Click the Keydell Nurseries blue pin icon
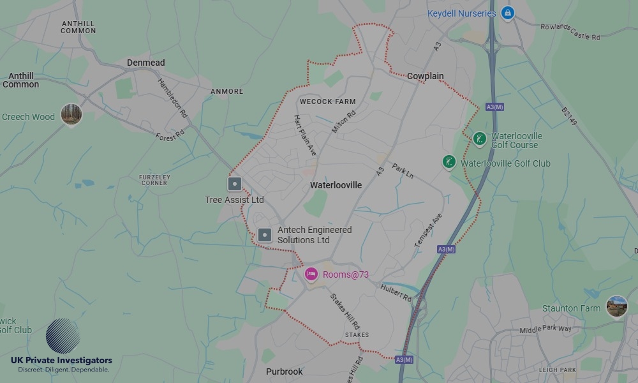(x=507, y=13)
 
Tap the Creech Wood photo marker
(x=71, y=115)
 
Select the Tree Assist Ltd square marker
(x=235, y=184)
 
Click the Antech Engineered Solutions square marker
(x=265, y=235)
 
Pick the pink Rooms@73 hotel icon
(x=311, y=274)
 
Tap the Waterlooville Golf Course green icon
(x=480, y=139)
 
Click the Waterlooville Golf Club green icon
(x=450, y=162)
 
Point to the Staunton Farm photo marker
(x=617, y=306)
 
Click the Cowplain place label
(x=425, y=76)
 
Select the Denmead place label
(x=145, y=63)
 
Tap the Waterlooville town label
(x=336, y=185)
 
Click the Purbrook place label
(x=284, y=372)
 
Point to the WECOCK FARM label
(x=328, y=101)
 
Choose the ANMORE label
(x=226, y=91)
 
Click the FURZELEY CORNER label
(x=154, y=179)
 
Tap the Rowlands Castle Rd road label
(x=570, y=33)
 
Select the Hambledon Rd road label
(x=172, y=98)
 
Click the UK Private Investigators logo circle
(x=63, y=336)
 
